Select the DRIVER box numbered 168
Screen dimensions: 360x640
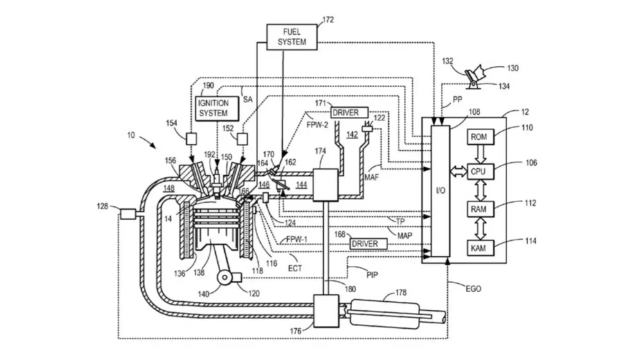tap(364, 244)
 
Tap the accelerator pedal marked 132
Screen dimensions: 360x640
tap(478, 75)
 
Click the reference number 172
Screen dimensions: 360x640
tap(327, 20)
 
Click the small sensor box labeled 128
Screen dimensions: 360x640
tap(127, 215)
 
